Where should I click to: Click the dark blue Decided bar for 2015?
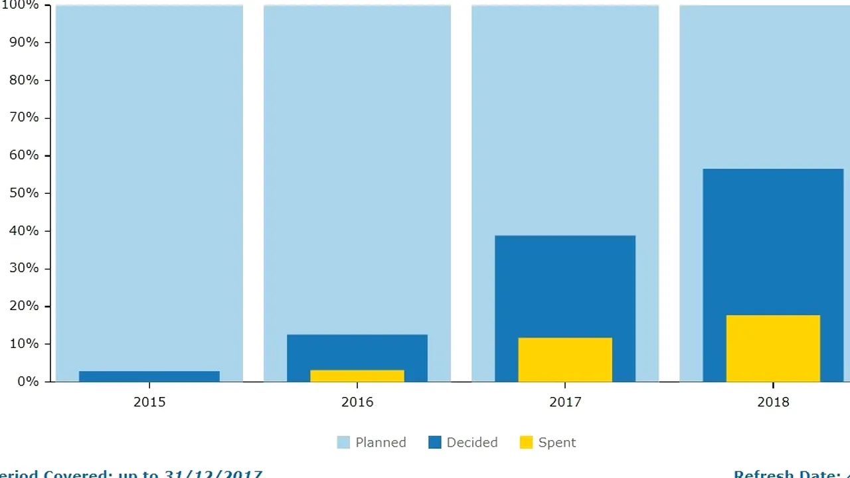(149, 376)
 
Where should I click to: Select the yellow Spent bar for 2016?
(357, 376)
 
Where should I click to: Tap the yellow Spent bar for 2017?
(565, 360)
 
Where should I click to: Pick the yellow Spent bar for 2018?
(773, 349)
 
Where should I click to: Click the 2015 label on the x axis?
(149, 402)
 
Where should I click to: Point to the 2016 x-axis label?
(357, 402)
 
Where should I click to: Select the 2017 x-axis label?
(565, 402)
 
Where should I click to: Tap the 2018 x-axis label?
(773, 402)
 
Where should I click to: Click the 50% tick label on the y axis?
(24, 193)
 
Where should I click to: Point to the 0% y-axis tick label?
(27, 382)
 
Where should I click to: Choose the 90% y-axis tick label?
(24, 42)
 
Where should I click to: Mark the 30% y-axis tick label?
(24, 269)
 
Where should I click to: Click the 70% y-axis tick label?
(24, 118)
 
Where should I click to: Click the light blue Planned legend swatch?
(343, 443)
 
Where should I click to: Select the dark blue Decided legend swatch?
(435, 443)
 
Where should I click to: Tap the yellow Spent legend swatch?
(526, 443)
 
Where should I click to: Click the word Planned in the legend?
(381, 443)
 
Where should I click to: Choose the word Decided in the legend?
(471, 443)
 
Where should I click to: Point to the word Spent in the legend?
(556, 443)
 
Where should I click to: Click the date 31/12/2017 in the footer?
(213, 474)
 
